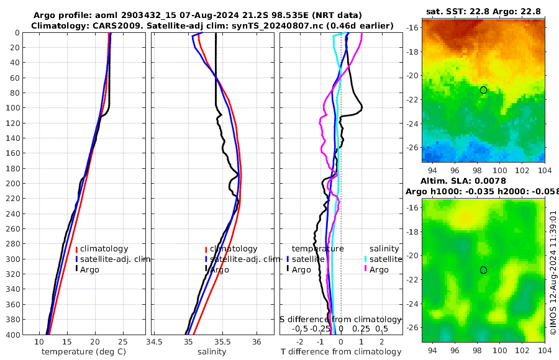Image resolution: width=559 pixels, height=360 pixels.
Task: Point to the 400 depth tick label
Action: point(12,335)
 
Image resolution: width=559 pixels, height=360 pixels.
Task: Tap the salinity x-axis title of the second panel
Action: point(211,352)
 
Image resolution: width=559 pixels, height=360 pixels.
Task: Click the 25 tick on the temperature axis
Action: point(122,342)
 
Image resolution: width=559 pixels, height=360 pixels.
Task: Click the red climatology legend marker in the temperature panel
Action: point(76,249)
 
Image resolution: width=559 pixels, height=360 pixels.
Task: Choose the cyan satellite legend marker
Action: point(366,259)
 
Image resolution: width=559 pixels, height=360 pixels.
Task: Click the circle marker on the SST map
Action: point(483,90)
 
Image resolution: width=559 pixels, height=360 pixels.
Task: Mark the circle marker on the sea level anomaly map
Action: point(483,269)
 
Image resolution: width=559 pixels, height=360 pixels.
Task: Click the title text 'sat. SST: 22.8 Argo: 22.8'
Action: point(484,11)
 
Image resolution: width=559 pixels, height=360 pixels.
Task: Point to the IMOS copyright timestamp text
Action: point(553,273)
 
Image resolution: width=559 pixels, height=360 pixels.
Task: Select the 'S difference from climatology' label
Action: point(340,319)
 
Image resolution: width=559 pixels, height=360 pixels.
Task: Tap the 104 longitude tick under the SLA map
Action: point(545,350)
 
